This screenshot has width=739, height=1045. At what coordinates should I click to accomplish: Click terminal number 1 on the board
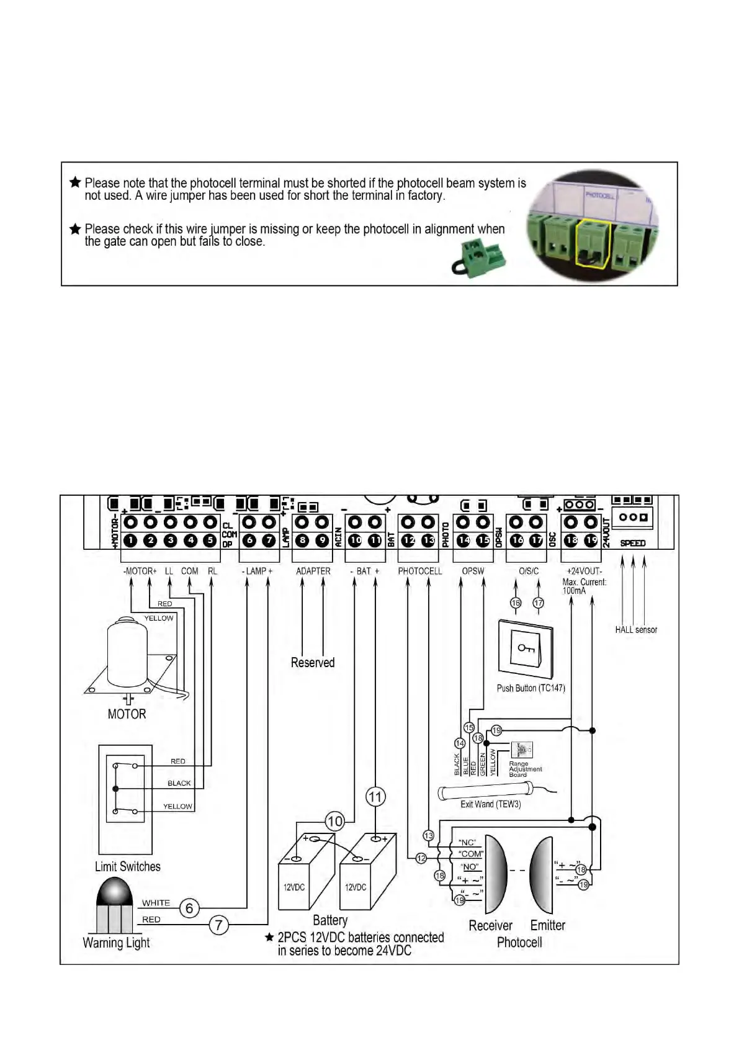point(130,540)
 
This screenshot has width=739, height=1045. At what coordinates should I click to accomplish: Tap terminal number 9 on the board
point(322,540)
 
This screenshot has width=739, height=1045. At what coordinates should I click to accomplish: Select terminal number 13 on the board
point(428,540)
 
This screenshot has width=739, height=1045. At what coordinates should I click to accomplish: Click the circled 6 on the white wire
point(189,908)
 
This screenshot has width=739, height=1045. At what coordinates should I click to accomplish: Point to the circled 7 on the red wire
point(218,925)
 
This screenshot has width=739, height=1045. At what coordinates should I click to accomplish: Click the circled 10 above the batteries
point(334,822)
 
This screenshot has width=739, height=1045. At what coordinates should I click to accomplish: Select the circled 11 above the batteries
point(375,797)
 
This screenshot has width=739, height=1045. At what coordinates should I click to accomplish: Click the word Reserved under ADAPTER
point(313,663)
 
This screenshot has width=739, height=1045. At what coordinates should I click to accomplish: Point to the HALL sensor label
point(636,630)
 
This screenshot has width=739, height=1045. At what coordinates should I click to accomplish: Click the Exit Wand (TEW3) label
point(490,804)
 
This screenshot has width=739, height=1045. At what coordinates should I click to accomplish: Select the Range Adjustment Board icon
point(521,750)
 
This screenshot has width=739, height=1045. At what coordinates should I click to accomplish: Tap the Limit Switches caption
point(127,867)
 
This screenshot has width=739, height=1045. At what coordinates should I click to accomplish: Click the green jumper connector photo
point(478,259)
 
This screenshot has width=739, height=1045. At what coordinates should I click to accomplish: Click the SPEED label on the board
point(633,544)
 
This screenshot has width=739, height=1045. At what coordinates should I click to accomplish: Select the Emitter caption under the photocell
point(547,925)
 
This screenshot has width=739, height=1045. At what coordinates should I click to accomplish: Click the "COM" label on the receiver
point(470,854)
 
